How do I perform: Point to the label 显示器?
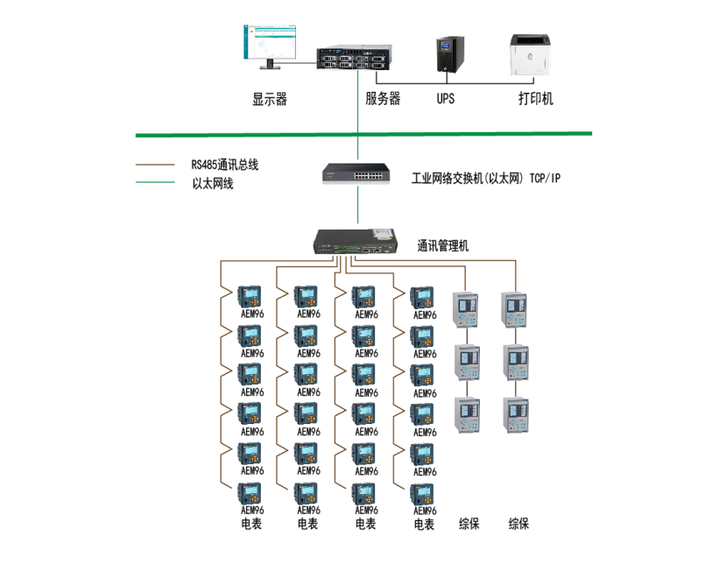coord(270,100)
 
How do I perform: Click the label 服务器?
coord(383,100)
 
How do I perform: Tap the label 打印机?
coord(535,100)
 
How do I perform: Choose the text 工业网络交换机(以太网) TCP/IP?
coord(486,179)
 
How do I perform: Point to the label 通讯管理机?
coord(443,246)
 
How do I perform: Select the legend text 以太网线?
coord(213,184)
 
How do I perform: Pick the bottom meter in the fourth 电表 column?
coord(423,494)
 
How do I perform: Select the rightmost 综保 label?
coord(519,525)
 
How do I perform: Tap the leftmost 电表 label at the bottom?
coord(251,525)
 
